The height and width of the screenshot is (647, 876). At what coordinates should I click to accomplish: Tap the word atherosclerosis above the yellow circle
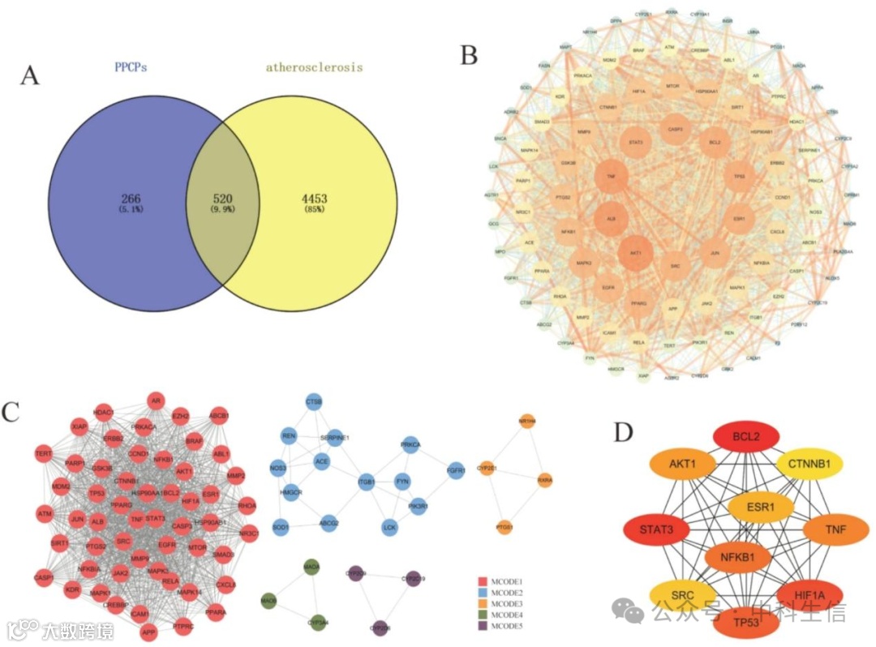click(314, 68)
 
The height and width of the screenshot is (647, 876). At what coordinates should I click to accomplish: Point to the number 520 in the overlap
click(223, 198)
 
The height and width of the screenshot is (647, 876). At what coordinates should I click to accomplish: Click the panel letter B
click(469, 54)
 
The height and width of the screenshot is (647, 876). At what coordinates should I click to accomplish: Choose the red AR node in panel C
click(157, 400)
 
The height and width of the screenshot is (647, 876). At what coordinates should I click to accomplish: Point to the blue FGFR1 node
click(454, 468)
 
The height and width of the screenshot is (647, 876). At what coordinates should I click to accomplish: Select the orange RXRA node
click(545, 479)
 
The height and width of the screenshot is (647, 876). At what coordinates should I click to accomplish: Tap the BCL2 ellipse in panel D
click(746, 439)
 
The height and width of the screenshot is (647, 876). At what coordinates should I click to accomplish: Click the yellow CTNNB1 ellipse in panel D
click(809, 465)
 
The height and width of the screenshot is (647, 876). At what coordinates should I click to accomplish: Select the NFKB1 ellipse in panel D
click(736, 557)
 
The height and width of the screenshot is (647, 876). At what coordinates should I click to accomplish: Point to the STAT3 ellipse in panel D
click(656, 532)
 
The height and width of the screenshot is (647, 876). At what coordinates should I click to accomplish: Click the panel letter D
click(624, 432)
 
